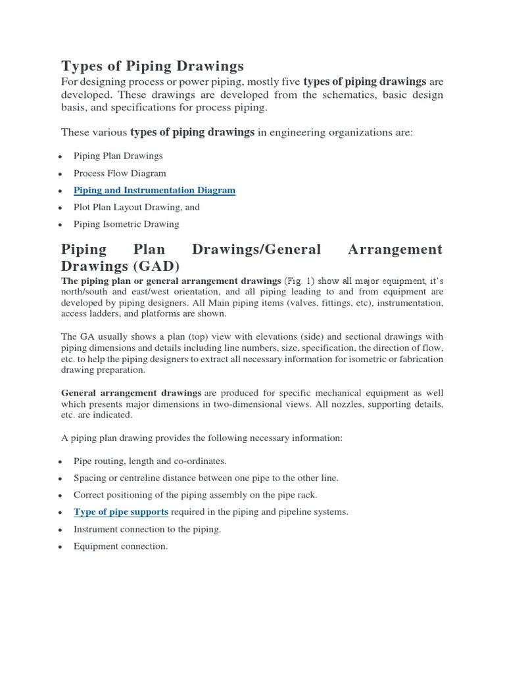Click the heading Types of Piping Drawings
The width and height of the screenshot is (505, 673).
152,66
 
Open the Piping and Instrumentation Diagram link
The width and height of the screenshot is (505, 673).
154,191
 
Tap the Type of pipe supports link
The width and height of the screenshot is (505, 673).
121,512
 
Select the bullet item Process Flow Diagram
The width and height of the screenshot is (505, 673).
120,174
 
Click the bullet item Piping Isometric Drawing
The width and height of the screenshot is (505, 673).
126,224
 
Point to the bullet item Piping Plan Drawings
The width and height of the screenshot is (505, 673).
118,156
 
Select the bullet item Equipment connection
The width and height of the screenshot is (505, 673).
120,546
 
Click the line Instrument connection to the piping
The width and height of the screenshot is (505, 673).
147,529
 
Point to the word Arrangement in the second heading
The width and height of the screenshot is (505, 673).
395,250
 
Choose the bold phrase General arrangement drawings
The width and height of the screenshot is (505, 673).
131,393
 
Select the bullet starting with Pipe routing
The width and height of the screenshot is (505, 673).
150,461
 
